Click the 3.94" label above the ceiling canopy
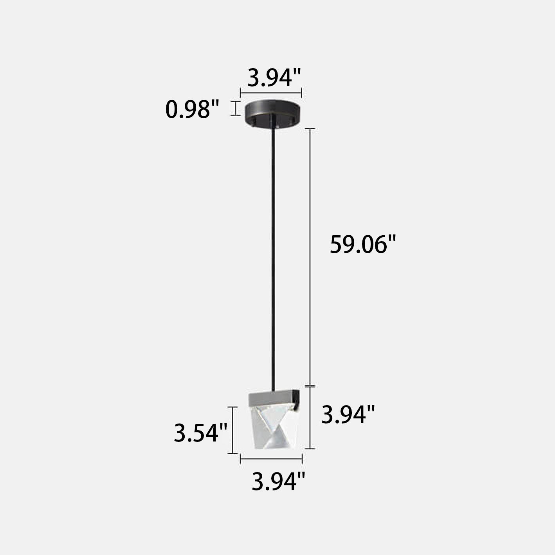click(x=274, y=77)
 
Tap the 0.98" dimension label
click(x=192, y=109)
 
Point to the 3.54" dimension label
click(x=200, y=433)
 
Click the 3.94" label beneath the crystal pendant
click(x=278, y=481)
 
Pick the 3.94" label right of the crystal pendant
click(x=348, y=414)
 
